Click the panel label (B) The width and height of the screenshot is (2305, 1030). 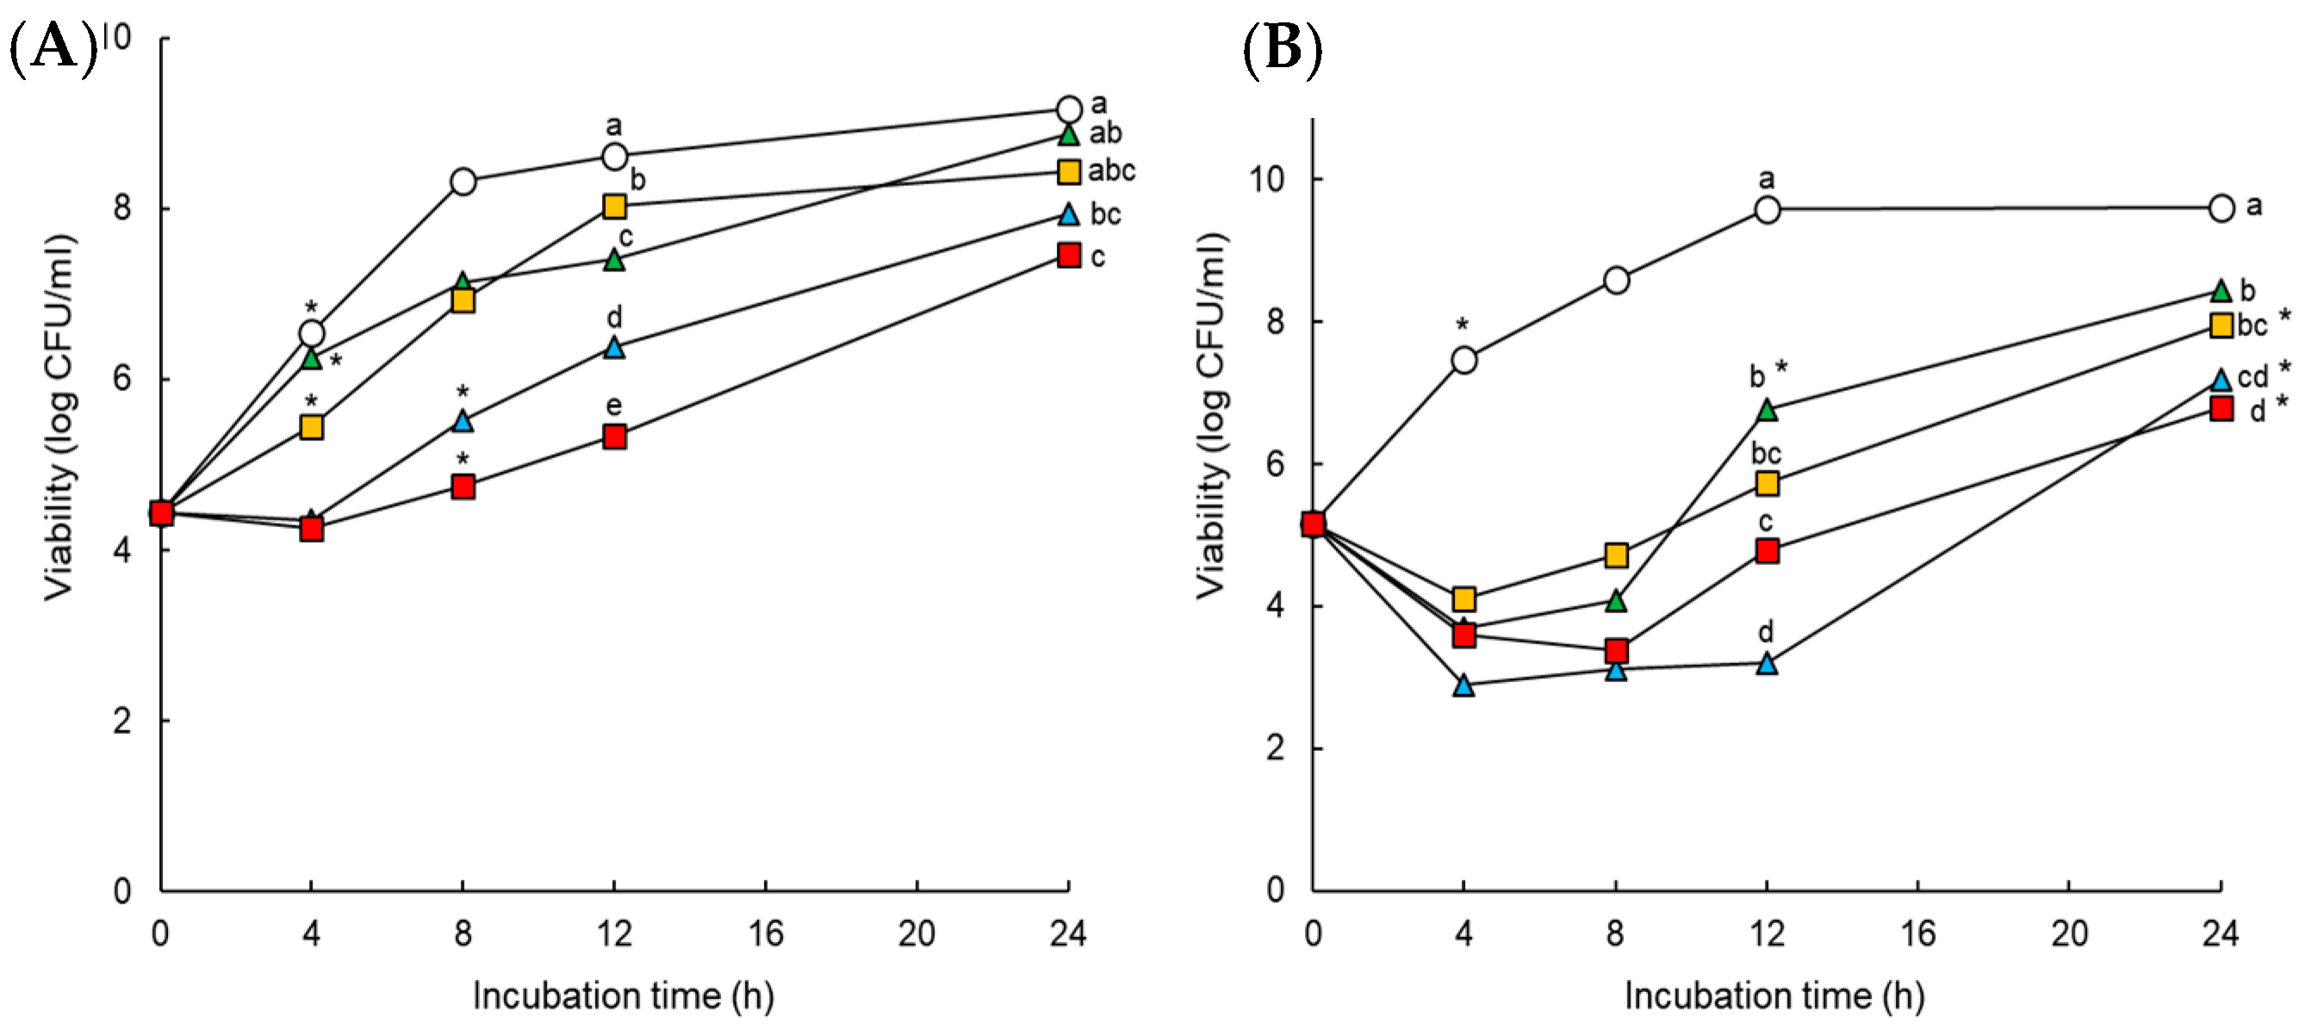tap(1283, 48)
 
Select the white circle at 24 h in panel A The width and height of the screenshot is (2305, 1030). tap(1068, 109)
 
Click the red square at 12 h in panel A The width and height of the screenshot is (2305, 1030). tap(614, 437)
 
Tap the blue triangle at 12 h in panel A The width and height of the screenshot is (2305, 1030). tap(614, 347)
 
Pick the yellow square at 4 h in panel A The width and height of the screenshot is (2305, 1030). tap(310, 427)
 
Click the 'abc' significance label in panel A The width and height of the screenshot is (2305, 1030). tap(1110, 170)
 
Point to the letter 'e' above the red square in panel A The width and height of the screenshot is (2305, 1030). tap(613, 406)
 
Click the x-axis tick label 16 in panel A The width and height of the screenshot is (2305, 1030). tap(765, 934)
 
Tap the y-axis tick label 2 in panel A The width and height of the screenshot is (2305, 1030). tap(121, 720)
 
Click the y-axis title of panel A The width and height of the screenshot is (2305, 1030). tap(59, 417)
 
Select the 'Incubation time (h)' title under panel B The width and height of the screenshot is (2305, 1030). tap(1774, 995)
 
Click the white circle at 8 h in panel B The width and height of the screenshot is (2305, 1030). tap(1615, 280)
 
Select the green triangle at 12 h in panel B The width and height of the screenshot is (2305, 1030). tap(1767, 411)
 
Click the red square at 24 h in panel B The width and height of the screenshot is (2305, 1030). tap(2221, 409)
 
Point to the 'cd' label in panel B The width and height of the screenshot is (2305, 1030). tap(2252, 376)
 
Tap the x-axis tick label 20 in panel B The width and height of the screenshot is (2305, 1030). tap(2069, 934)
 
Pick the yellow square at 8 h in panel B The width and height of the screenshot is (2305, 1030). tap(1615, 555)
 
